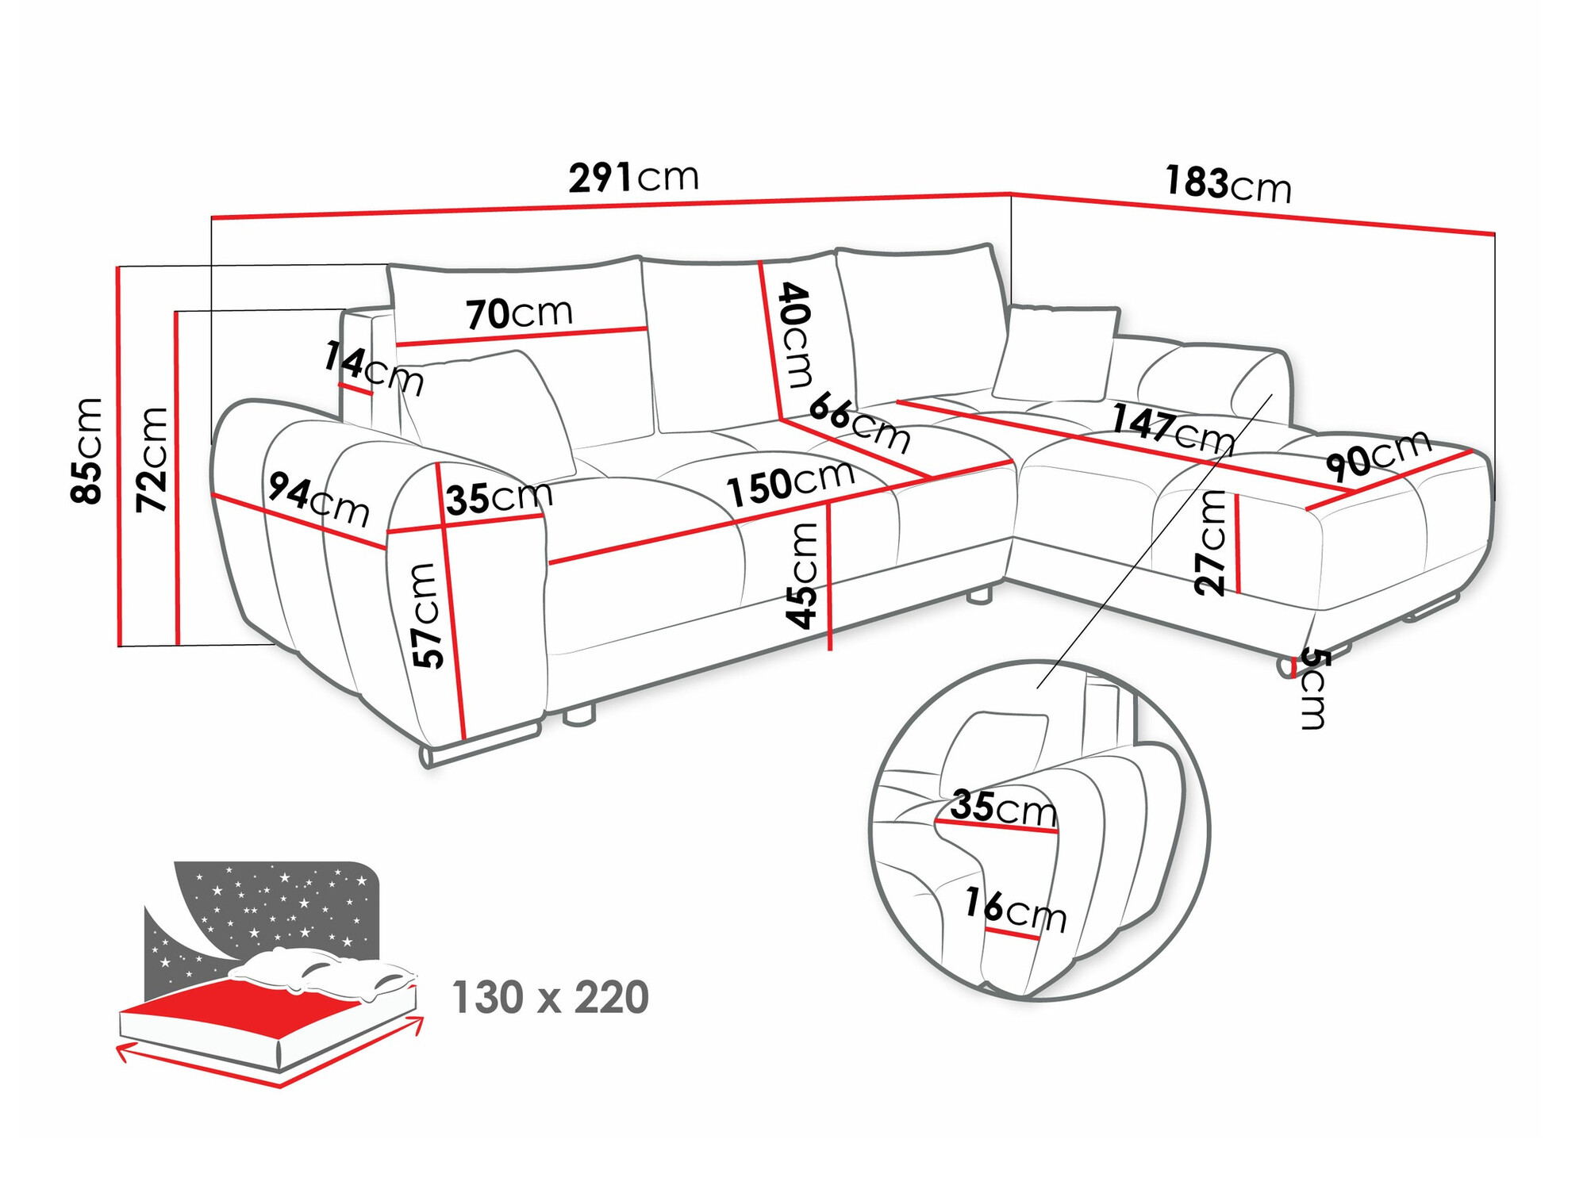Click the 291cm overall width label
click(x=633, y=177)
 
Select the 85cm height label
click(x=86, y=451)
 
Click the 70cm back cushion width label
click(x=519, y=313)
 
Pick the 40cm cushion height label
click(x=796, y=335)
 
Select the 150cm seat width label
click(x=790, y=483)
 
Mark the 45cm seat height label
click(x=802, y=575)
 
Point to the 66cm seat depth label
click(x=859, y=422)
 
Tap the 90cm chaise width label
click(x=1378, y=455)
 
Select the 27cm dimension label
click(x=1211, y=543)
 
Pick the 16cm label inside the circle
click(x=1015, y=911)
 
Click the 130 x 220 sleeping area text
click(x=550, y=997)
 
